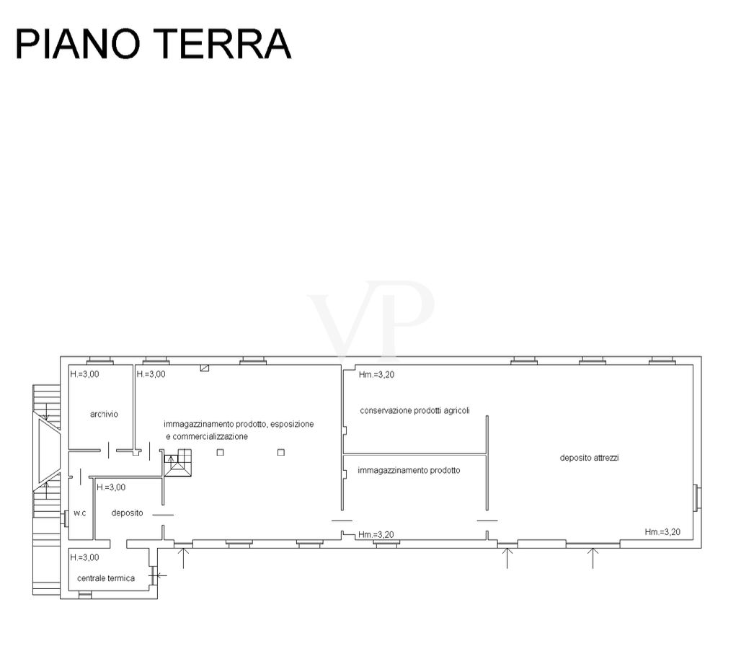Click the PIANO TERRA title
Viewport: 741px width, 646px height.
(154, 43)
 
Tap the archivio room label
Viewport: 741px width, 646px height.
(104, 414)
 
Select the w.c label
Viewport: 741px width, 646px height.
(80, 513)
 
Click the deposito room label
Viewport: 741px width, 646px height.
(127, 513)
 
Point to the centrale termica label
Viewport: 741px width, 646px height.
(106, 578)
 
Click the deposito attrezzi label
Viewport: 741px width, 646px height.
(590, 457)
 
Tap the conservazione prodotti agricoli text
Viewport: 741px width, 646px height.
(415, 411)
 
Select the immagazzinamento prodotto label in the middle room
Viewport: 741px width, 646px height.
(409, 470)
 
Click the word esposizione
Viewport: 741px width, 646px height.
(292, 424)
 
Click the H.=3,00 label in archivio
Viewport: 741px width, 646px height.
(84, 374)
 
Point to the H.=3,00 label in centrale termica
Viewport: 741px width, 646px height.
(84, 557)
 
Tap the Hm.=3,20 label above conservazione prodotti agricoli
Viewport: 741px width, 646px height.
(377, 375)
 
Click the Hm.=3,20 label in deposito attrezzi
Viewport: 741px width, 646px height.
(662, 532)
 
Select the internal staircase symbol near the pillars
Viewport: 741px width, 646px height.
(178, 463)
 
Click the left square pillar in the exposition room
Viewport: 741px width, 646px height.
(221, 452)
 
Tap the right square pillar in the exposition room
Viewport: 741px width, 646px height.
(281, 452)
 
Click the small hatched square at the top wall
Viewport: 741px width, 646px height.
(205, 368)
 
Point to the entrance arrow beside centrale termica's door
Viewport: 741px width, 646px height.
(161, 575)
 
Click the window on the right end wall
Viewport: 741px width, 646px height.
(696, 497)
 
